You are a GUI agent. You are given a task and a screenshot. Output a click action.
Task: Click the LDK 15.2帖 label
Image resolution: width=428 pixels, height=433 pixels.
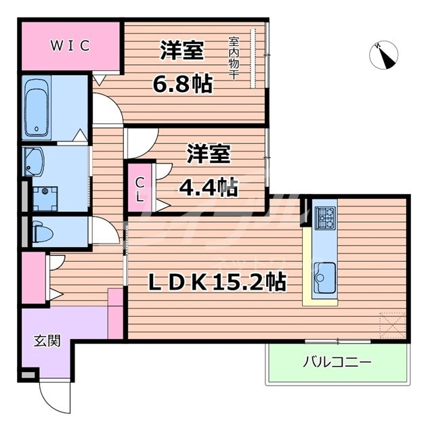coord(217,281)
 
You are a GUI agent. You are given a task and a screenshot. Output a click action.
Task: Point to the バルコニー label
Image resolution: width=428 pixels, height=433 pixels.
coord(337,363)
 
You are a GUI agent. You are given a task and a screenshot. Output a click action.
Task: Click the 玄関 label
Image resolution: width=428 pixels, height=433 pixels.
coord(46,340)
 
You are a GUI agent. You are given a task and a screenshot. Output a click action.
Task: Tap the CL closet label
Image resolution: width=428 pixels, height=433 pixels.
coord(139,189)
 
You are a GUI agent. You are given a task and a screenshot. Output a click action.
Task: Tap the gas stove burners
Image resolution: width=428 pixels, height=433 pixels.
coord(325,216)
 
